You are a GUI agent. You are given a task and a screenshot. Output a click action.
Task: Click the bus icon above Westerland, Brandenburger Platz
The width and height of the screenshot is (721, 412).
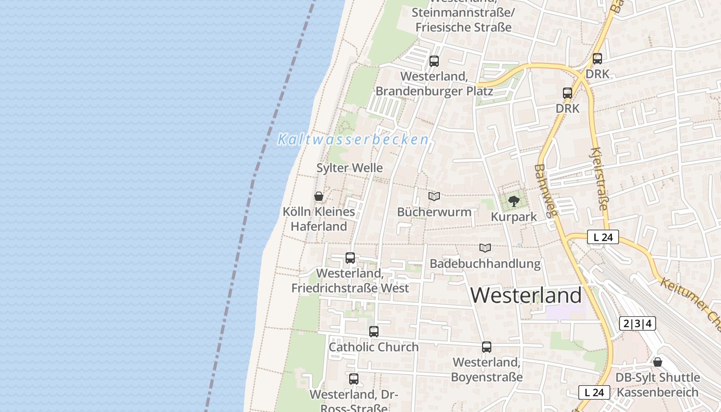click(x=434, y=61)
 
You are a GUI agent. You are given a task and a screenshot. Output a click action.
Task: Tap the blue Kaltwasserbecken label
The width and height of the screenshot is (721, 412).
click(x=353, y=140)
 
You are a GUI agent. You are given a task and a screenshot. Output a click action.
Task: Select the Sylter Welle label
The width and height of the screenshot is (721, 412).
click(x=350, y=168)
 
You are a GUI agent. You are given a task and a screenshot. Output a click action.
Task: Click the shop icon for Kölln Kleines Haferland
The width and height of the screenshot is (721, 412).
click(x=319, y=196)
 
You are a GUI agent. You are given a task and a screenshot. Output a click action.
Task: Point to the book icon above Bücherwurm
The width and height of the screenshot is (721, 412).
click(x=434, y=196)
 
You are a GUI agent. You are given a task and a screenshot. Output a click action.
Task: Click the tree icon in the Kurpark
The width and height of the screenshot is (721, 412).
click(x=513, y=201)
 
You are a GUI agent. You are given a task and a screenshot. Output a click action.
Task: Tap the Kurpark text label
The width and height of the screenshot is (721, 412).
click(x=513, y=217)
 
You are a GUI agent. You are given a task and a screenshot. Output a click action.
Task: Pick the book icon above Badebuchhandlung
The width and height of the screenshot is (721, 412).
click(x=485, y=248)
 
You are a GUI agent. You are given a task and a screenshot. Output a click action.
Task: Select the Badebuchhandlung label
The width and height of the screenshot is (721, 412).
click(x=485, y=264)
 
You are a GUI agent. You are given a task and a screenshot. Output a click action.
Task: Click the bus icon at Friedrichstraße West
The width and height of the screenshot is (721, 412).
click(x=350, y=258)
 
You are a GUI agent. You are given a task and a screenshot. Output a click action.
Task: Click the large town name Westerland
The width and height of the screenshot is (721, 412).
click(x=526, y=295)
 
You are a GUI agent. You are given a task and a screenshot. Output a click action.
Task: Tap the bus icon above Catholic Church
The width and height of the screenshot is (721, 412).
click(x=374, y=332)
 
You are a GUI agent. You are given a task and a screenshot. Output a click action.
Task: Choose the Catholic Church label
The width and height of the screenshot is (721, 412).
click(x=374, y=347)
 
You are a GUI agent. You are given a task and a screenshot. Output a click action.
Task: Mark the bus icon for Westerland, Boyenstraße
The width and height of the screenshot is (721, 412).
click(x=487, y=347)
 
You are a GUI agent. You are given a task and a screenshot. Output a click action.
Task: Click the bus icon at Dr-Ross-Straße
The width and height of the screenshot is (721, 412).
click(x=354, y=379)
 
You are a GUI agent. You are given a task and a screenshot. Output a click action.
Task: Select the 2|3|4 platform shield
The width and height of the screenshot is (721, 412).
click(x=637, y=323)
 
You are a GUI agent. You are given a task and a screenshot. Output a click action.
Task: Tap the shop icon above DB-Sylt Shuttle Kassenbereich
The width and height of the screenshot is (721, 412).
click(x=658, y=362)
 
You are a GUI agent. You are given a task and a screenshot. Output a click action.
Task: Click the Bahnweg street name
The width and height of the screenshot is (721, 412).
click(x=543, y=191)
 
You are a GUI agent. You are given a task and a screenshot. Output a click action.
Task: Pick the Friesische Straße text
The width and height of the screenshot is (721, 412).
click(x=463, y=27)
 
